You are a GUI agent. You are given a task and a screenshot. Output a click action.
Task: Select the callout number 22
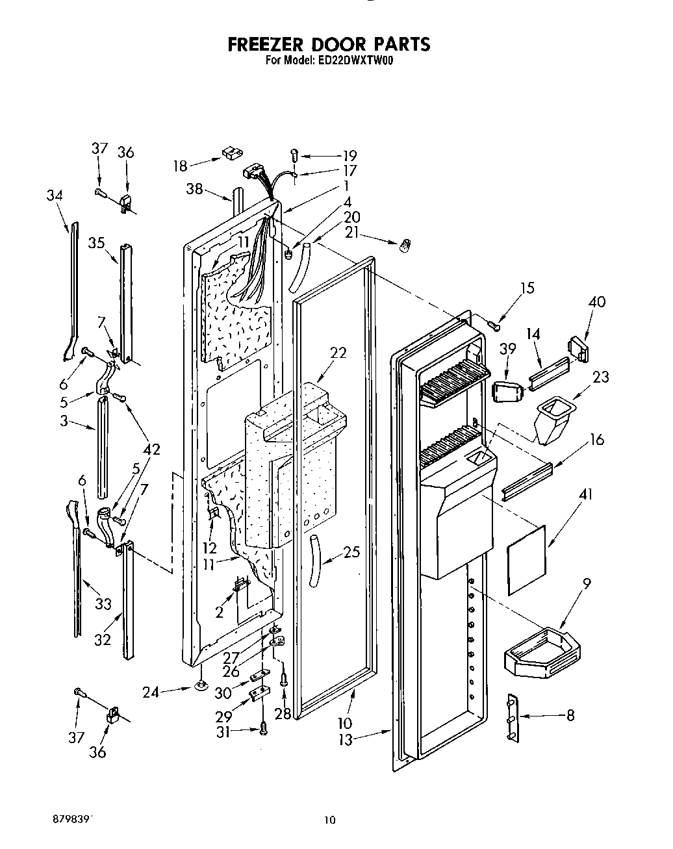coord(338,353)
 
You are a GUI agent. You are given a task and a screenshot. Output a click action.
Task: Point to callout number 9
coord(587,584)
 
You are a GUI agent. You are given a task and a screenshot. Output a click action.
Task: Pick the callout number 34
coord(55,194)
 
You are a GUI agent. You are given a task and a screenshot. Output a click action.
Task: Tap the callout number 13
coord(346,739)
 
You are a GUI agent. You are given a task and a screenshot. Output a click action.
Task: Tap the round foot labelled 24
coord(201,685)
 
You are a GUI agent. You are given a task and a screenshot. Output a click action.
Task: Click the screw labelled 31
coord(263,729)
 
